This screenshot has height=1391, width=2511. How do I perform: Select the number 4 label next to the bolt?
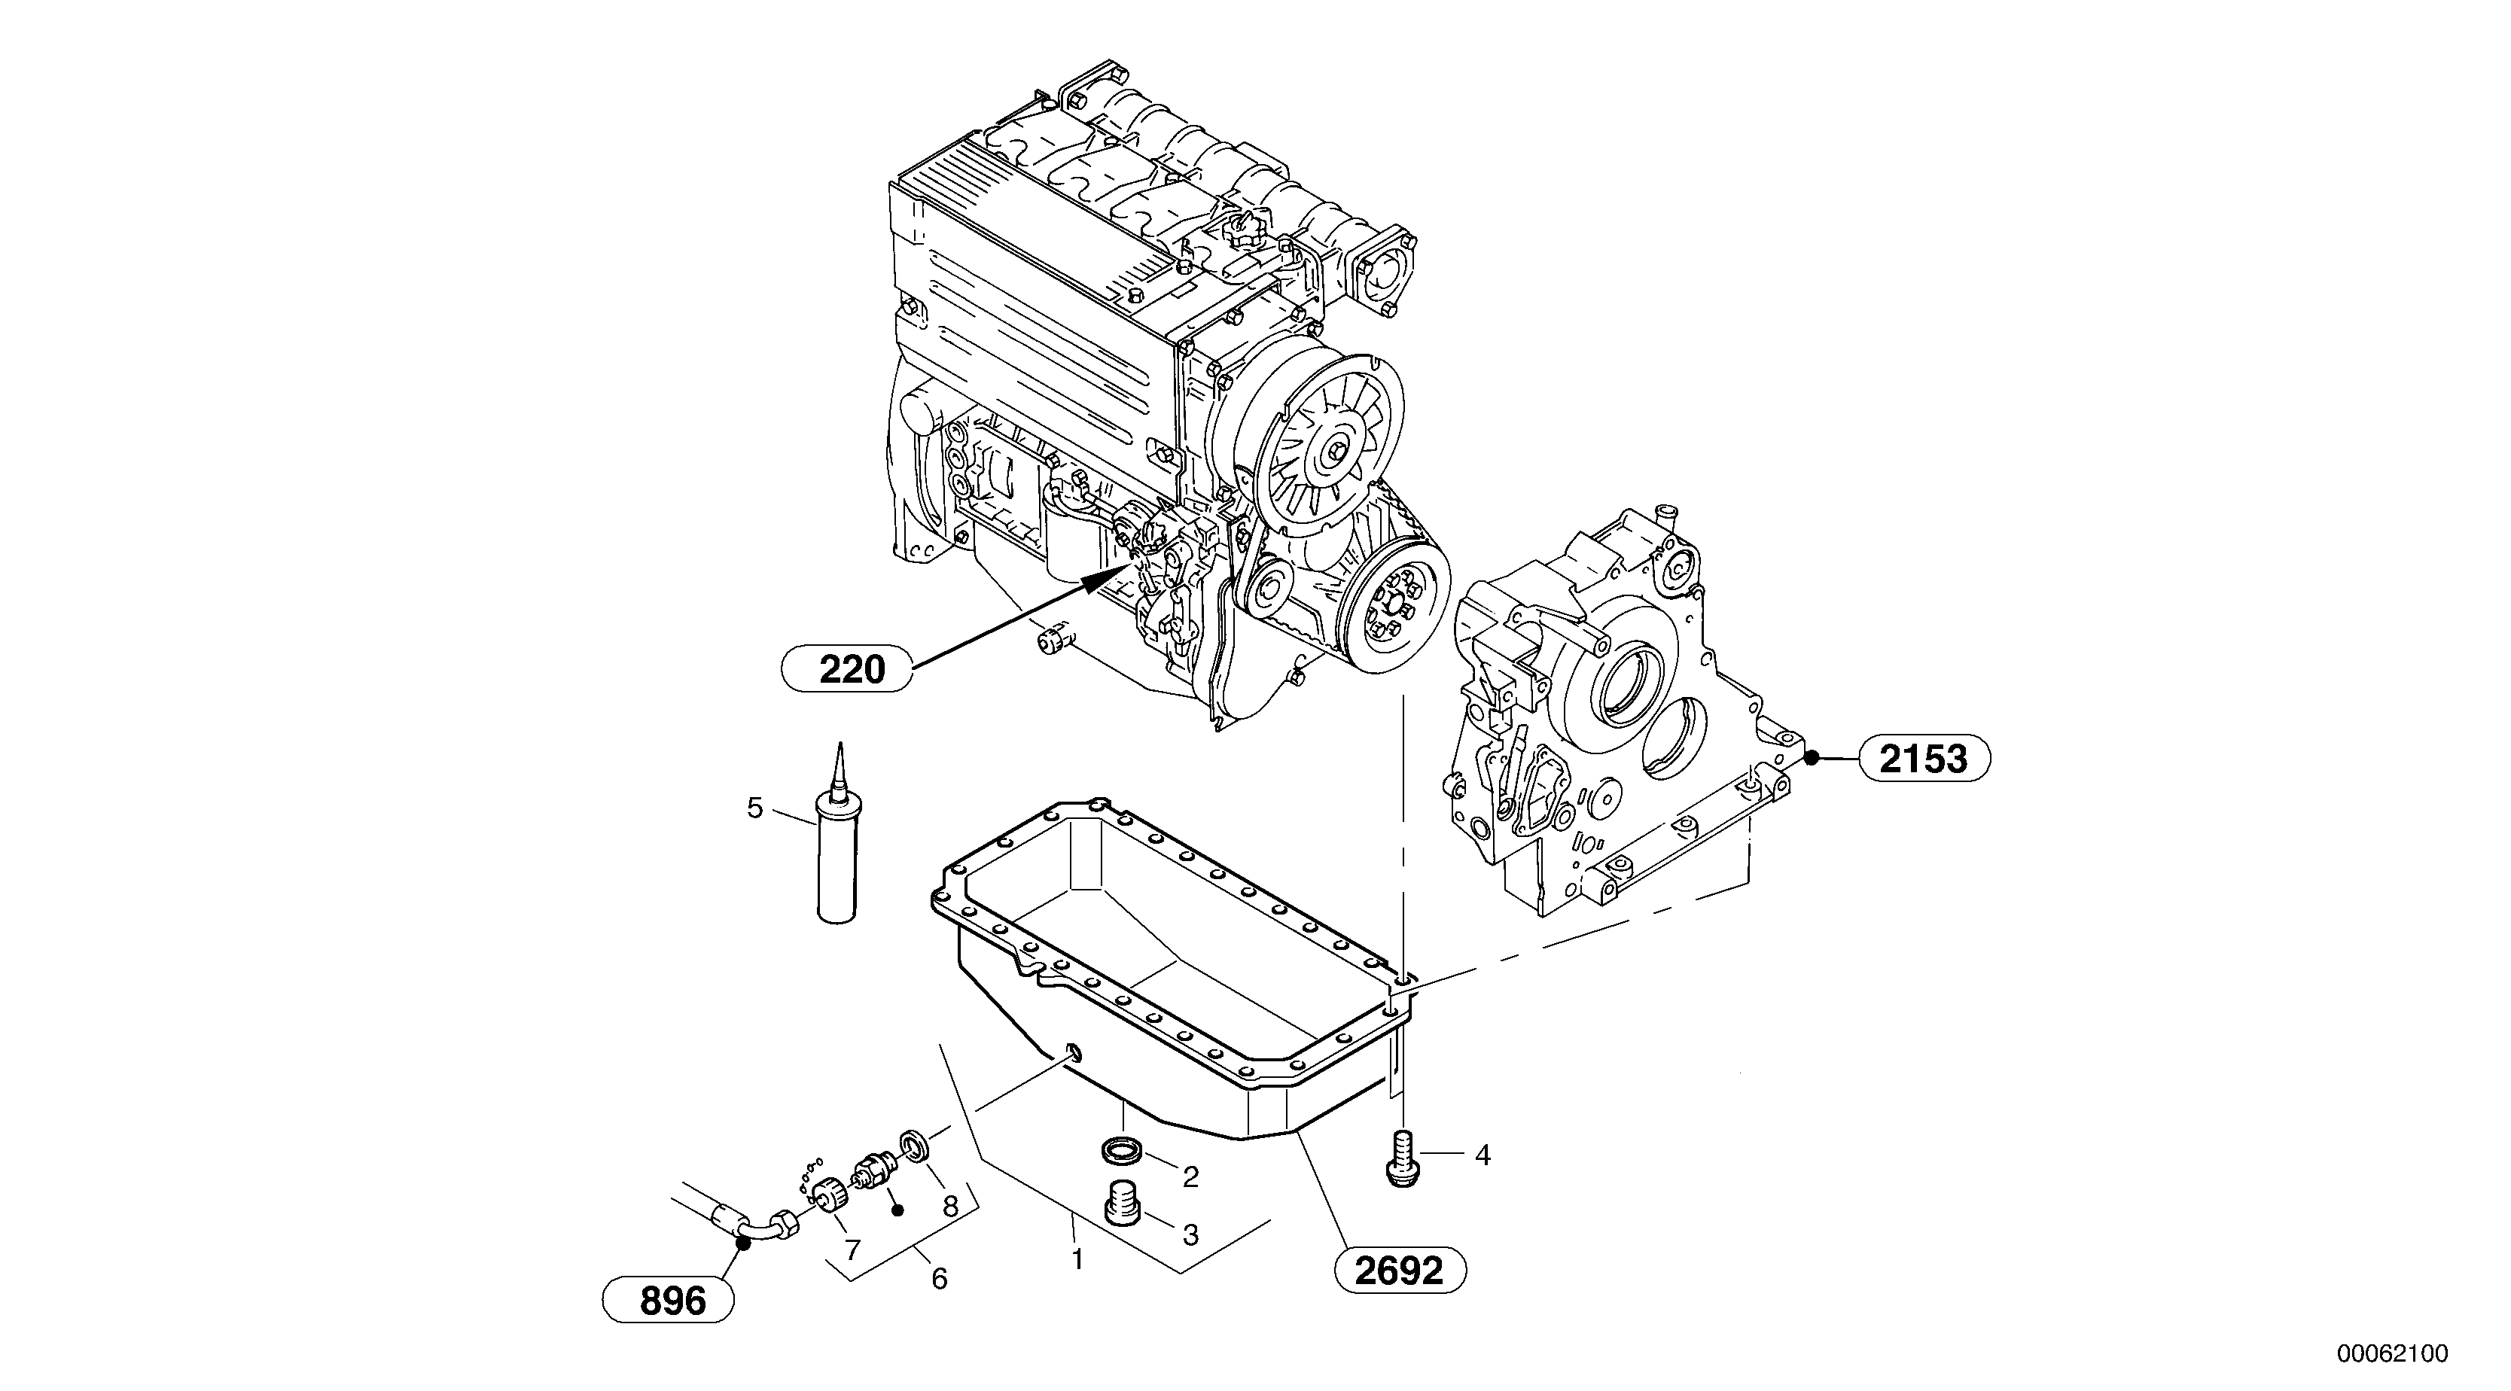point(1483,1156)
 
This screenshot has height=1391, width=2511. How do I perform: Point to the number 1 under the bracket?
point(1077,1259)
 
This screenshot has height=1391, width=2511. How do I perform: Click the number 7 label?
point(852,1249)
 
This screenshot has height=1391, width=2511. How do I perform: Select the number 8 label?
point(950,1206)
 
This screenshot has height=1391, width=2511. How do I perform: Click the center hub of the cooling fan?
point(1333,452)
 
